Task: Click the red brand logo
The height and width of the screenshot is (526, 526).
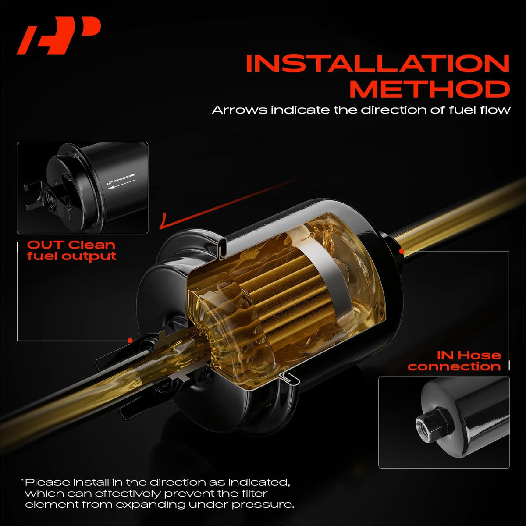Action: tap(59, 36)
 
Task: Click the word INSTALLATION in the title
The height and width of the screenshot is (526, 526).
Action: tap(377, 64)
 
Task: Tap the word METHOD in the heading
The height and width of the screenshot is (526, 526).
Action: tap(430, 89)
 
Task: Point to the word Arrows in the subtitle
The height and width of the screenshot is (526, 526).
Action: tap(240, 110)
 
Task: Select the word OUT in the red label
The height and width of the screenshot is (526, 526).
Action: tap(45, 245)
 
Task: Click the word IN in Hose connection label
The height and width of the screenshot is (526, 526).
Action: tap(444, 355)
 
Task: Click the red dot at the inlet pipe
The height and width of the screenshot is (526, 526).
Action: tap(401, 252)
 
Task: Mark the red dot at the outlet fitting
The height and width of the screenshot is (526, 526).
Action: tap(131, 341)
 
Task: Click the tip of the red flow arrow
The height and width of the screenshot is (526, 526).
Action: tap(160, 228)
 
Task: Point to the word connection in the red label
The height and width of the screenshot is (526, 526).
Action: tap(454, 366)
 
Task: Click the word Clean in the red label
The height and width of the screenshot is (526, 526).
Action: tap(92, 245)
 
